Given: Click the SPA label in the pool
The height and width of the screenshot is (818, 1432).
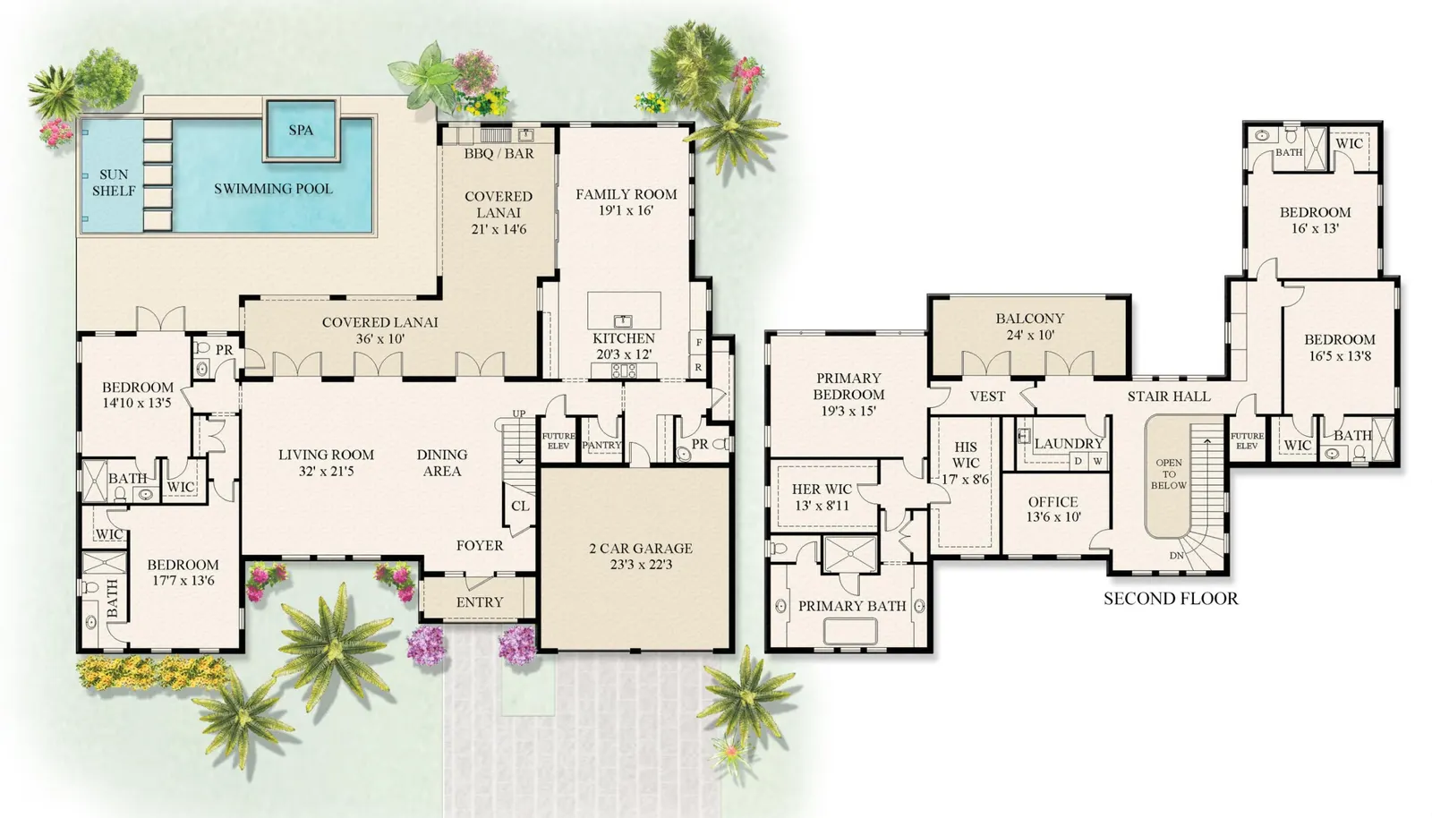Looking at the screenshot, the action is [x=301, y=131].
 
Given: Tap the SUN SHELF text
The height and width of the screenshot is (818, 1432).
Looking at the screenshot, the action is [x=114, y=183].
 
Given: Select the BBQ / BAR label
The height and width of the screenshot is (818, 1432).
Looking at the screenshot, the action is [x=499, y=153].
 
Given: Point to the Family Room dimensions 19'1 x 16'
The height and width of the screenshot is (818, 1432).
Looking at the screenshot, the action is [x=626, y=210].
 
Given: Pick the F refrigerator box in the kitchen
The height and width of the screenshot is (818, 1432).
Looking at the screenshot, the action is [x=699, y=343].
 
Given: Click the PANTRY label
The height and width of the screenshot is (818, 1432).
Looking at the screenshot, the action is [x=602, y=445].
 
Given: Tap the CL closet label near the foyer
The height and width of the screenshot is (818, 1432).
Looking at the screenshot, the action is [x=520, y=507].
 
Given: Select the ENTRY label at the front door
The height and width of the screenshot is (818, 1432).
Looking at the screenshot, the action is [x=480, y=602].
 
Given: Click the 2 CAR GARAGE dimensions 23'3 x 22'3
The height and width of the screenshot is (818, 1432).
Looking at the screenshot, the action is [x=641, y=565].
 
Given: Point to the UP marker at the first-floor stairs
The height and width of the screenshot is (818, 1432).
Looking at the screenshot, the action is [x=519, y=413].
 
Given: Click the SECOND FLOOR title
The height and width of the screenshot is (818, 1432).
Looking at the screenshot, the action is [x=1171, y=598].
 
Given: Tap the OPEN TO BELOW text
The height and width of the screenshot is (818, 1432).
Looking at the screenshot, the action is [x=1169, y=473].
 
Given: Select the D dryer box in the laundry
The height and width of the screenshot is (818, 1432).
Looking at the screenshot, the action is [x=1078, y=461].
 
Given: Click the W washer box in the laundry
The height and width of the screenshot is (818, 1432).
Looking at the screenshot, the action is [x=1097, y=461].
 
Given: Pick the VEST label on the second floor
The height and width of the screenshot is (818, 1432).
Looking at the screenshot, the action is [x=987, y=396].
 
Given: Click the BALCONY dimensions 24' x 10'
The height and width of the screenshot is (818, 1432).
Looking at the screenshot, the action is [x=1030, y=335].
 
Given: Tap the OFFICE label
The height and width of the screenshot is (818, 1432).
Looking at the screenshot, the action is [x=1053, y=502].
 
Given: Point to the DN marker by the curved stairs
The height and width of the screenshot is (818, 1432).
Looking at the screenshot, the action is [x=1176, y=556].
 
